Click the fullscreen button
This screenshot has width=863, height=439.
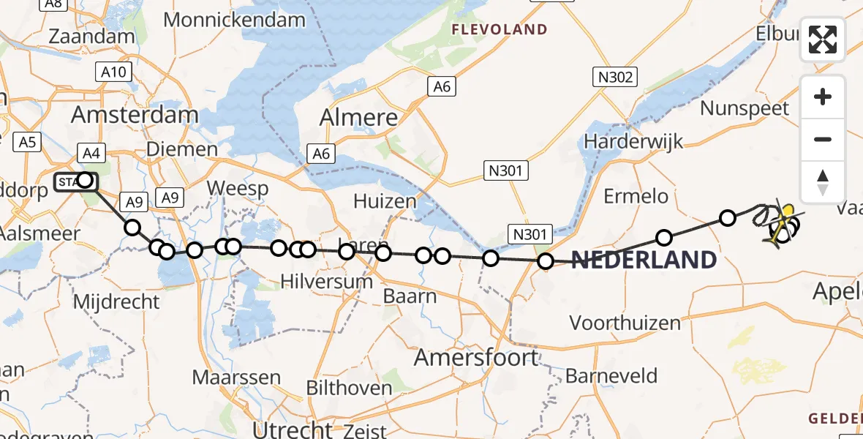823,40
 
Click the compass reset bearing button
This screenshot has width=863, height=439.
823,182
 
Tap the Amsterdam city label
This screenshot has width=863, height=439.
135,115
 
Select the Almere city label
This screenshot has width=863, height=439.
359,117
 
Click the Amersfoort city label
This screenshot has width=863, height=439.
476,358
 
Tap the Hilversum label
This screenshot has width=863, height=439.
327,281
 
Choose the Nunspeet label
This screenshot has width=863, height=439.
745,108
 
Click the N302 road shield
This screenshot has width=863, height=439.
614,76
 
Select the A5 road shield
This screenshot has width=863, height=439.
28,141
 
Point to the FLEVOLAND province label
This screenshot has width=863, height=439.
500,30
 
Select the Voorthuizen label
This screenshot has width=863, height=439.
625,322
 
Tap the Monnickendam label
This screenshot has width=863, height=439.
234,19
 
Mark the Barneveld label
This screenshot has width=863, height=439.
611,376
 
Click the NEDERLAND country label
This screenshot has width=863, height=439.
644,260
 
